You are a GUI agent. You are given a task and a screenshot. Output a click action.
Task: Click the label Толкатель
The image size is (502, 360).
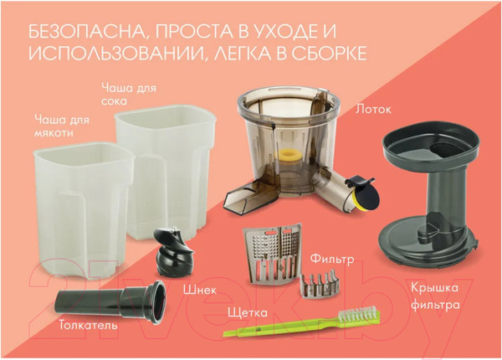pyautogui.click(x=88, y=324)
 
